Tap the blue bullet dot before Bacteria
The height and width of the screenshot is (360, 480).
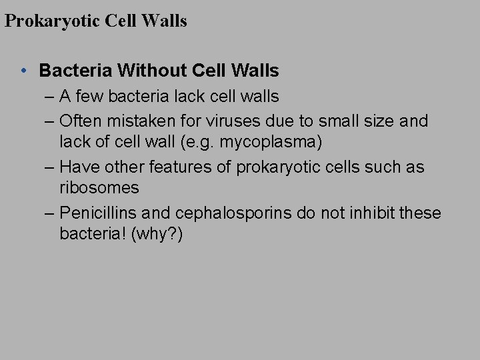coord(23,70)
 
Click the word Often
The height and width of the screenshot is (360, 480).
coord(79,121)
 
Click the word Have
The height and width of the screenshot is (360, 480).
coord(77,167)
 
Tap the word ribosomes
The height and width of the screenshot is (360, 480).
coord(99,187)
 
